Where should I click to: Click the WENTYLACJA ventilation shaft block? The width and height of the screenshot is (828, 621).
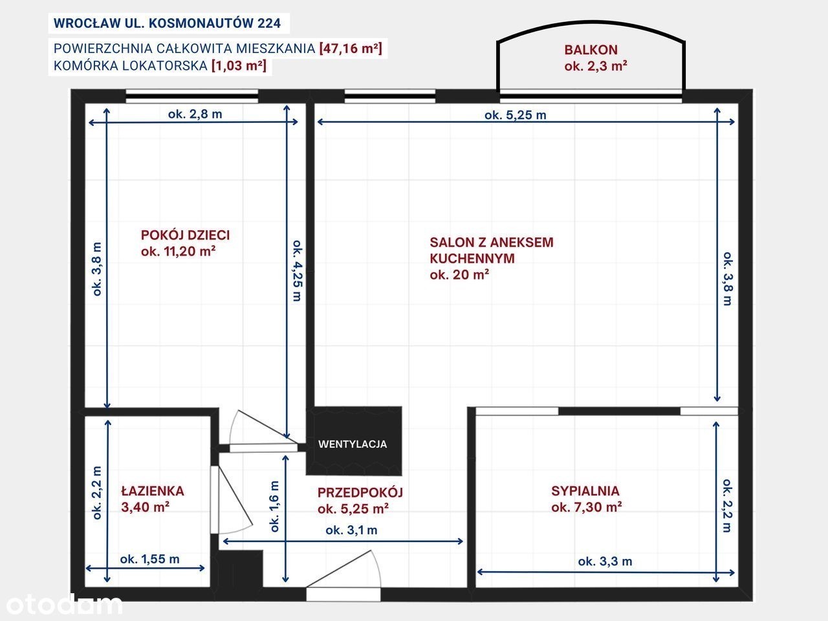click(x=353, y=441)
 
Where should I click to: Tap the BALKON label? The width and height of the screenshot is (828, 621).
click(x=591, y=50)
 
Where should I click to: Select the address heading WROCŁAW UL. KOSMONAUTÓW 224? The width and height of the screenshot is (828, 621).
click(x=167, y=23)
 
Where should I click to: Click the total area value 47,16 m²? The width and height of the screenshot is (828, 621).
click(x=351, y=49)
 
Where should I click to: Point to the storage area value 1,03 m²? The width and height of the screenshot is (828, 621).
click(x=239, y=65)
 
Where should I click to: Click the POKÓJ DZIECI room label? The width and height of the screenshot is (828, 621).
click(x=185, y=235)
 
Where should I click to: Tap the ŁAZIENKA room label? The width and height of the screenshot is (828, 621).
click(x=153, y=490)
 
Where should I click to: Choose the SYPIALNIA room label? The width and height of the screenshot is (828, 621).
click(x=585, y=490)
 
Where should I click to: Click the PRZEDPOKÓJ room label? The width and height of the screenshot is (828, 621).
click(x=360, y=492)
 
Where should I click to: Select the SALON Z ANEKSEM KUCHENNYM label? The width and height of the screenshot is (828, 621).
click(x=491, y=250)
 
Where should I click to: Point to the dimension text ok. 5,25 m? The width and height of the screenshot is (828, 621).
click(x=516, y=115)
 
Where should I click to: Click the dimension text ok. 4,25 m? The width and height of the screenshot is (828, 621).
click(x=298, y=270)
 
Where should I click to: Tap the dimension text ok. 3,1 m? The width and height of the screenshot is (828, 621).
click(x=351, y=530)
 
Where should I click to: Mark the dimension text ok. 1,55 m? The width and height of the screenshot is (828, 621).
click(x=150, y=559)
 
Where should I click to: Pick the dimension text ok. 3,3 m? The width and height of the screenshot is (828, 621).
click(x=605, y=561)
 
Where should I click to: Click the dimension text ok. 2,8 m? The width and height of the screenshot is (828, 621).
click(x=195, y=114)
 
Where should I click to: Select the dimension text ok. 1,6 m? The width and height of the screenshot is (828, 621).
click(x=275, y=506)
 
